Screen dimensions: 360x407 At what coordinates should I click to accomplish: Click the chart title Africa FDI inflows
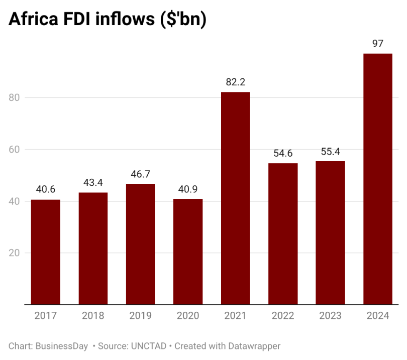[108, 20]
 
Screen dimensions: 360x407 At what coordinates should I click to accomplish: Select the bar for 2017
[46, 252]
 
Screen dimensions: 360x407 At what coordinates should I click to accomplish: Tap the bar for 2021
[235, 198]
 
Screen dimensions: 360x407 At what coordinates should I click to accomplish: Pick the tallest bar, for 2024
[378, 179]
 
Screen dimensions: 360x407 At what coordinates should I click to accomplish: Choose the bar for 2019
[141, 244]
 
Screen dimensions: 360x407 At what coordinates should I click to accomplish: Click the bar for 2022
[283, 234]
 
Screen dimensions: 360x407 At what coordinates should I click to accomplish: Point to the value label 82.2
[235, 82]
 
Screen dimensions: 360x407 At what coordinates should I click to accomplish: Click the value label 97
[378, 44]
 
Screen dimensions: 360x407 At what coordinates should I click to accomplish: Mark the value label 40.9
[188, 189]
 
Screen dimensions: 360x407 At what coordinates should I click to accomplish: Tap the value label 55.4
[330, 152]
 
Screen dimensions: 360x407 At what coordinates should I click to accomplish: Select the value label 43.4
[93, 183]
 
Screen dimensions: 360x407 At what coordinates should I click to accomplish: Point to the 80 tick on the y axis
[15, 97]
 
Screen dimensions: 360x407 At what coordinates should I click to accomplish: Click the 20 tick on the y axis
[15, 253]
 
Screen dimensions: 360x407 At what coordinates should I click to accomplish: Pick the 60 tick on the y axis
[15, 150]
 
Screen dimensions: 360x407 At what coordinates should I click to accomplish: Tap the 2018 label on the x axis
[93, 316]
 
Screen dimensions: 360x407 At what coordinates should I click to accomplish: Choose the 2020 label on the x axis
[188, 316]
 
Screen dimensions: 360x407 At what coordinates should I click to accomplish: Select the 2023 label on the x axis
[330, 316]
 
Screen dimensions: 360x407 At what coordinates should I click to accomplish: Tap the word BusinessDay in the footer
[62, 346]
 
